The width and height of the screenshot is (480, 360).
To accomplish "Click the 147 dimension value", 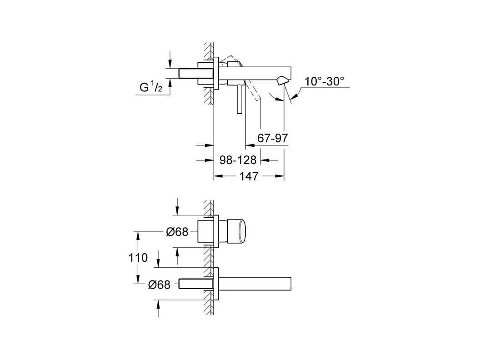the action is click(249, 176).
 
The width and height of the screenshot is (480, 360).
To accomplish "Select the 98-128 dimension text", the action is click(238, 160).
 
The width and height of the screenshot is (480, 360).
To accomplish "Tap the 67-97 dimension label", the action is click(272, 138).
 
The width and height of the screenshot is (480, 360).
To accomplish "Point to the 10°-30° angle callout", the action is click(324, 81).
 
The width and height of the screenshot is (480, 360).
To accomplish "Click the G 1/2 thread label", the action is click(151, 87).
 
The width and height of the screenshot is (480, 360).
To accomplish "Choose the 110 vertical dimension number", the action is click(138, 258).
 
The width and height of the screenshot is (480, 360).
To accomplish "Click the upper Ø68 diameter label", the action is click(177, 232).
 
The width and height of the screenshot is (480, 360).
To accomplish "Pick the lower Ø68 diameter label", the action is click(159, 285).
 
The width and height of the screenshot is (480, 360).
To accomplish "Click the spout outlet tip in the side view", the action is click(282, 81).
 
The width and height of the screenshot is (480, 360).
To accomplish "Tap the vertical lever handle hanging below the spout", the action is click(240, 100).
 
